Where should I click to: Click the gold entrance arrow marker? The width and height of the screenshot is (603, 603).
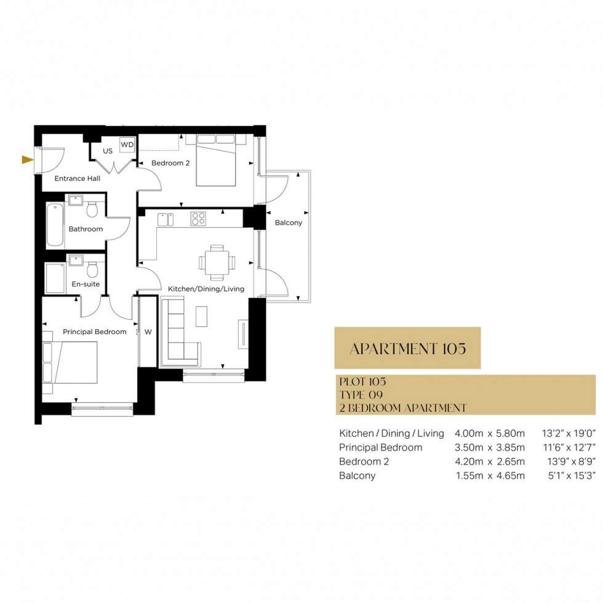pos(26,160)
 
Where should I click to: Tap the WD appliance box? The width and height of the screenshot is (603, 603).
pos(127,145)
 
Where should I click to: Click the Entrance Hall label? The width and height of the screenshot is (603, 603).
pos(78,179)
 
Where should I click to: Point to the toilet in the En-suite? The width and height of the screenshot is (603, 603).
pos(92,270)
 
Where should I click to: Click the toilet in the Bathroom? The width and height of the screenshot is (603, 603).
pos(92,210)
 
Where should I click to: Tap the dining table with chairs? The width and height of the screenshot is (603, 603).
pos(217,261)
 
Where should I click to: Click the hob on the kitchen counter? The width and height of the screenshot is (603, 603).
pos(198,219)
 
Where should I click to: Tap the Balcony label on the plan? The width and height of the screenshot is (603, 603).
pos(288,223)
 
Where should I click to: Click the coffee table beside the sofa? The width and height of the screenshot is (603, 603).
pos(202,316)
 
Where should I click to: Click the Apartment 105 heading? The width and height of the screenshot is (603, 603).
pos(407,348)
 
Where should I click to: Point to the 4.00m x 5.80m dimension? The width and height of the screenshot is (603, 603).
pos(490,433)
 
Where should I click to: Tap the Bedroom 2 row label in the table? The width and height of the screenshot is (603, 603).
pos(364,461)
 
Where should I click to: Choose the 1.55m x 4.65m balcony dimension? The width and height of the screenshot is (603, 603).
pos(490,476)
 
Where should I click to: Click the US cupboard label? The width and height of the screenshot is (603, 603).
pos(108,151)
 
